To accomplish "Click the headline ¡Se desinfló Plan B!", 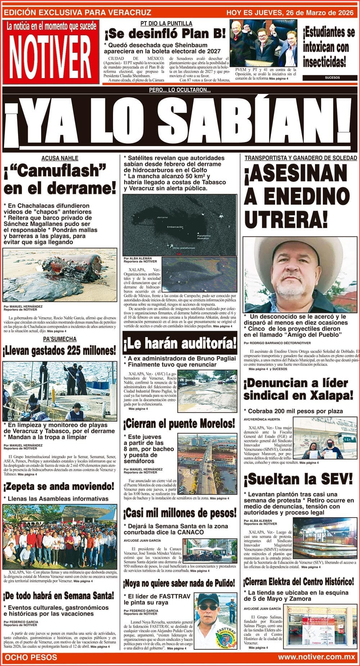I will (165, 34).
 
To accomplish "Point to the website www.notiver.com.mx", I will (316, 657).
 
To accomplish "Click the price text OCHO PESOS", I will (31, 657).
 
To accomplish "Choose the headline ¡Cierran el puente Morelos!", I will (179, 424).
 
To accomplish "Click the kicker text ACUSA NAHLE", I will (60, 158).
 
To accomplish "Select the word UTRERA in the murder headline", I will (286, 218).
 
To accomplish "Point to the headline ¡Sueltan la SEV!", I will (298, 479).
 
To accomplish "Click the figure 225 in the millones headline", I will (78, 350).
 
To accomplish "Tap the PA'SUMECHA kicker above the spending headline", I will (60, 339).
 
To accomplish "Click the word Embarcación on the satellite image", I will (175, 227).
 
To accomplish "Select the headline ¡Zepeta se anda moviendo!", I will (59, 487).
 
